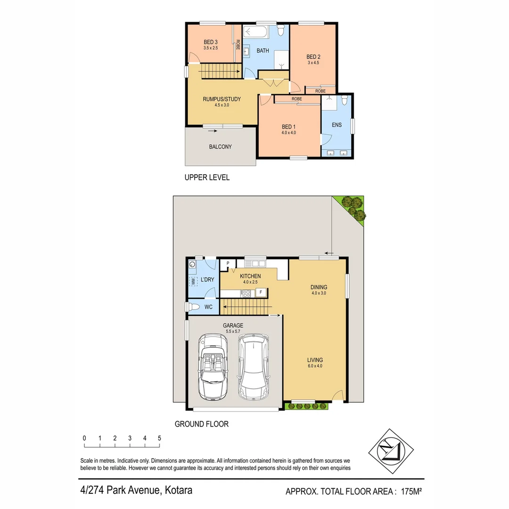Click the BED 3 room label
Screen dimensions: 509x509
pyautogui.click(x=211, y=41)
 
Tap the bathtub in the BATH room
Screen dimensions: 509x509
pyautogui.click(x=255, y=33)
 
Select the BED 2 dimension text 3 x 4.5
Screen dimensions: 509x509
pyautogui.click(x=313, y=62)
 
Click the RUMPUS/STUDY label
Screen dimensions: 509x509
pyautogui.click(x=222, y=99)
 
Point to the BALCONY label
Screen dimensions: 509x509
pyautogui.click(x=220, y=147)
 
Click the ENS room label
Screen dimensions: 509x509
pyautogui.click(x=337, y=125)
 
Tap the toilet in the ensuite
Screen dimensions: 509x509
pyautogui.click(x=345, y=100)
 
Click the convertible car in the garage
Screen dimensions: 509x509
pyautogui.click(x=213, y=366)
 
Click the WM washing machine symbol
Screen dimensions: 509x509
pyautogui.click(x=193, y=281)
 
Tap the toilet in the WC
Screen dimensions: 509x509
pyautogui.click(x=194, y=307)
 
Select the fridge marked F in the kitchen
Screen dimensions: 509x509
pyautogui.click(x=260, y=293)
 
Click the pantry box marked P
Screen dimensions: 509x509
pyautogui.click(x=228, y=264)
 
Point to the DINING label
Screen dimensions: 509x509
pyautogui.click(x=319, y=287)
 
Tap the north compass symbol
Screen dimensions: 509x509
pyautogui.click(x=390, y=451)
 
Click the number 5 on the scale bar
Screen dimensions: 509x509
pyautogui.click(x=159, y=438)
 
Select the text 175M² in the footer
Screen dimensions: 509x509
pyautogui.click(x=411, y=492)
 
